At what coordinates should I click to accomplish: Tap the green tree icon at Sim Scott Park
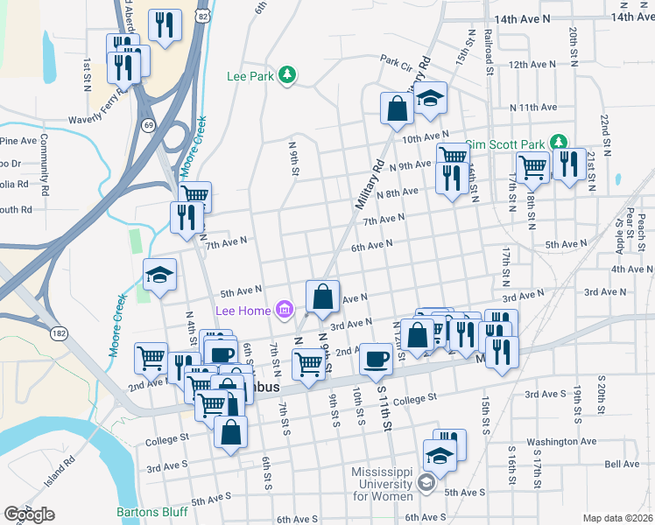(558, 143)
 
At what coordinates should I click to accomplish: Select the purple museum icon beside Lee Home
(283, 309)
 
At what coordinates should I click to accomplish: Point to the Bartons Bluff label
(150, 512)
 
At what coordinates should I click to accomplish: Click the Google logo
(29, 514)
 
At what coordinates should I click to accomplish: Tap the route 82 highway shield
(202, 17)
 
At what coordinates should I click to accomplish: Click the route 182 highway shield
(60, 333)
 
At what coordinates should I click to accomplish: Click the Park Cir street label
(396, 62)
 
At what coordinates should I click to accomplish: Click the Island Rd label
(59, 473)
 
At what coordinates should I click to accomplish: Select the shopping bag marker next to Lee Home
(322, 297)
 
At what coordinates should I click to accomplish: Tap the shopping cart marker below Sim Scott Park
(532, 166)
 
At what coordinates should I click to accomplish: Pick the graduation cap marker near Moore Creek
(159, 276)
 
